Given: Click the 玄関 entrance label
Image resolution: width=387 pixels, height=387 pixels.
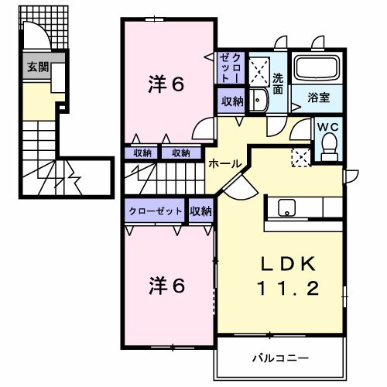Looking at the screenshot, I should pos(37,67).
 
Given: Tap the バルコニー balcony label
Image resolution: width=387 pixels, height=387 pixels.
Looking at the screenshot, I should pos(280,358).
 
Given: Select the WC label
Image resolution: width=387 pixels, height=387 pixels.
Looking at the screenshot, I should pos(328,128).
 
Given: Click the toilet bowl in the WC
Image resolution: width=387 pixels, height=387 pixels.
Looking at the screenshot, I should pos(329,146).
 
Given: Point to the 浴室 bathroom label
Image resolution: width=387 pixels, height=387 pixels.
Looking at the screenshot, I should pos(318,98).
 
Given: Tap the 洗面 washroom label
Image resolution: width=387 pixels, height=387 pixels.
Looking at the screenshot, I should pos(279,83).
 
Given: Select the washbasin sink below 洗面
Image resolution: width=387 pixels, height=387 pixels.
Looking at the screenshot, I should pos(259,98).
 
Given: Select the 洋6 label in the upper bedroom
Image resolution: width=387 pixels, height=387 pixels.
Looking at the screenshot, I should pos(166,85).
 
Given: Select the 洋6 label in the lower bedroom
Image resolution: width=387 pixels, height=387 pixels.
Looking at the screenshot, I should pos(166,286).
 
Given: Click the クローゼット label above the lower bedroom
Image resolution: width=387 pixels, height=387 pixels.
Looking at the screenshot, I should pos(156,211).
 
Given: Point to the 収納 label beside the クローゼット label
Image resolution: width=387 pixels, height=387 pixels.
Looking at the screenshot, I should pos(200,211).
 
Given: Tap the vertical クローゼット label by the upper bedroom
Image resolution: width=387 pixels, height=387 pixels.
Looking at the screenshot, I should pos(231,67).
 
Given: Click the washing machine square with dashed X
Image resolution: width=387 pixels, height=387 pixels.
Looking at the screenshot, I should pos(300,156).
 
